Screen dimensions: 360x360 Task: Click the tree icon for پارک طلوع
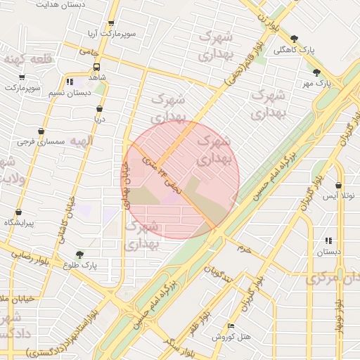(x=79, y=255)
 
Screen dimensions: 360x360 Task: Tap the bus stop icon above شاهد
(x=96, y=67)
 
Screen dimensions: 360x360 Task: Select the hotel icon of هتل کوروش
(x=231, y=326)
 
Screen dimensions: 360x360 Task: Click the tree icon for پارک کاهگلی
(x=294, y=39)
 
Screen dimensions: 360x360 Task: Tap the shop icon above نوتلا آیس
(x=338, y=186)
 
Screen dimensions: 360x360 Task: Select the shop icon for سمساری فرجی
(x=41, y=131)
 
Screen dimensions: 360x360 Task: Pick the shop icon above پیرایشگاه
(x=18, y=212)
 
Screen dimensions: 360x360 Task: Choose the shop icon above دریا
(x=99, y=109)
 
